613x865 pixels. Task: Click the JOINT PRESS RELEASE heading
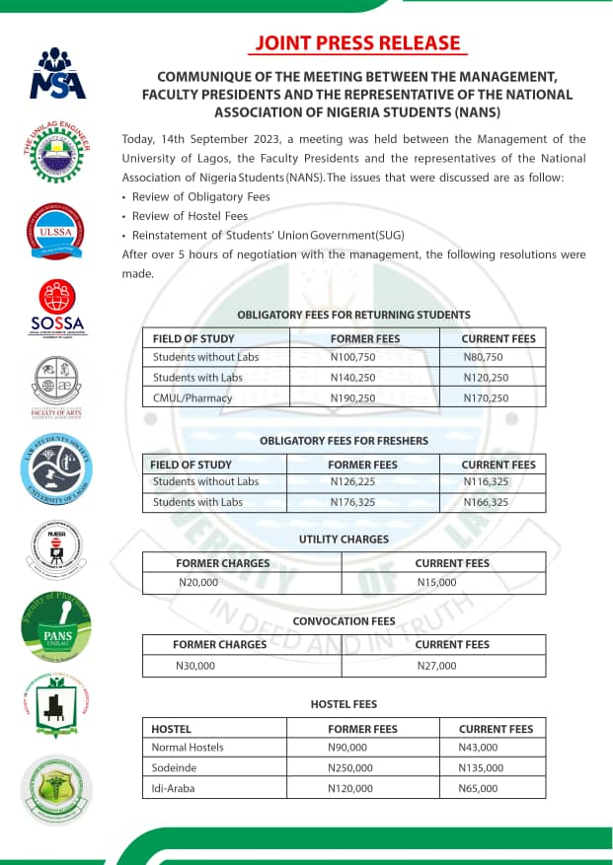coord(356,43)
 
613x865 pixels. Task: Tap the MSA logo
coord(58,75)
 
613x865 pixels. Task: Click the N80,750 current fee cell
coord(484,357)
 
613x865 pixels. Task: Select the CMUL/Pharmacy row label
coord(192,397)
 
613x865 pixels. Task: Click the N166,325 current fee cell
coord(486,502)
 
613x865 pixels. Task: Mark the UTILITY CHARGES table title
coord(344,540)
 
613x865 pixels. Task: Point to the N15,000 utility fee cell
coord(436,582)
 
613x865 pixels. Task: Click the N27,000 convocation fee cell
coord(436,666)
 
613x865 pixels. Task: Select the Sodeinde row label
coord(173,767)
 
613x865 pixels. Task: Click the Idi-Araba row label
coord(174,788)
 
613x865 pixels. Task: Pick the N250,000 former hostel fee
coord(350,767)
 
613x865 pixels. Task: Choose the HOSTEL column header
coord(171,729)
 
